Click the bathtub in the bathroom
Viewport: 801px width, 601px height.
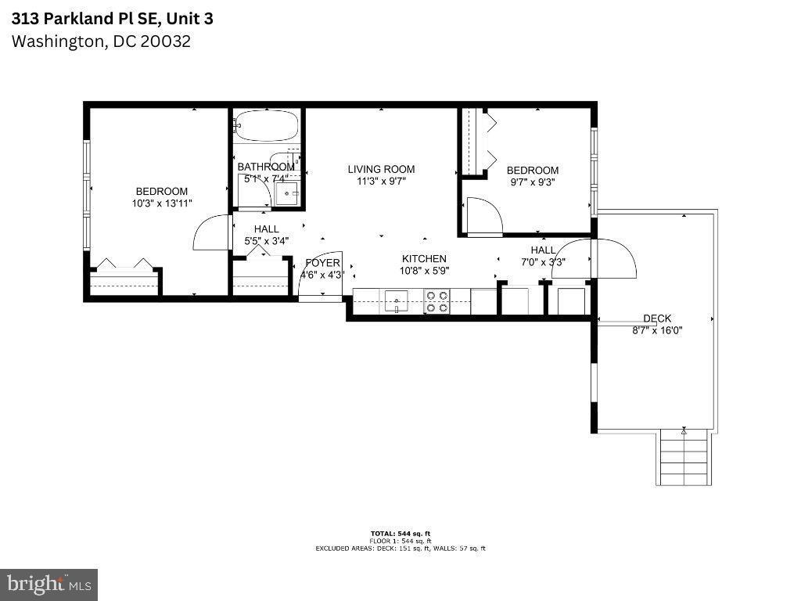(x=267, y=125)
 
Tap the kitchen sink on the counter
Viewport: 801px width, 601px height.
(x=397, y=300)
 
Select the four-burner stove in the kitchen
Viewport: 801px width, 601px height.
(x=436, y=301)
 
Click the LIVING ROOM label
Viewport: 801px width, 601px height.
(x=381, y=169)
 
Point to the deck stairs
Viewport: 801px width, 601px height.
(x=685, y=457)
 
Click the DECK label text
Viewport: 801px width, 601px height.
(x=657, y=318)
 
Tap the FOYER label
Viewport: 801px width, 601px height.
(x=322, y=263)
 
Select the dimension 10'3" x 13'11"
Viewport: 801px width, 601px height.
(x=162, y=203)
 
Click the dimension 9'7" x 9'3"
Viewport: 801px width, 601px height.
(x=533, y=182)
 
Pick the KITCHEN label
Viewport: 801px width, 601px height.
(x=424, y=259)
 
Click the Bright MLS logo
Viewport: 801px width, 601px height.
(x=48, y=584)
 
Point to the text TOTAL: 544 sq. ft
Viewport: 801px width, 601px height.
(x=400, y=533)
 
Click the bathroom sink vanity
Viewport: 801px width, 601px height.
(x=286, y=193)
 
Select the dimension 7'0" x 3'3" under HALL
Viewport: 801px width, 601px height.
(x=543, y=262)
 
